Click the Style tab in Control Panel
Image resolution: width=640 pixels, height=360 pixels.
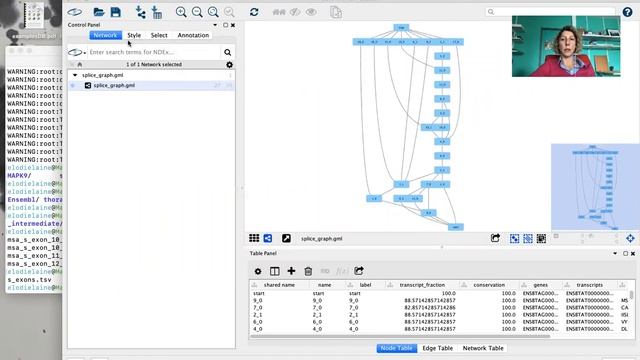134,35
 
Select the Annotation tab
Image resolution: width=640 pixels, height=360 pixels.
193,35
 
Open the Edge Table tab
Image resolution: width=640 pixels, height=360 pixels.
436,348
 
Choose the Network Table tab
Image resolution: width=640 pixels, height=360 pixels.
483,348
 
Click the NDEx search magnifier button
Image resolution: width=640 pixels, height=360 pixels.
228,52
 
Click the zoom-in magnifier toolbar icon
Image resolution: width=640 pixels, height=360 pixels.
182,12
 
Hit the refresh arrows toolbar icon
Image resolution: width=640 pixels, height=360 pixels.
254,12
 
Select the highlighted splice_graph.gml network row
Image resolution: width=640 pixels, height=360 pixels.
114,85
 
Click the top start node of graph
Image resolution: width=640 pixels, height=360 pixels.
401,27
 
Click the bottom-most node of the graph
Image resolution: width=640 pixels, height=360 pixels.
455,227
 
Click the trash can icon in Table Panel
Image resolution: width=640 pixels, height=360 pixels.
308,271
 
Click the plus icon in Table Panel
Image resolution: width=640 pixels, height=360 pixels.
291,271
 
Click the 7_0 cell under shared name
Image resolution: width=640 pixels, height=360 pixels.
259,307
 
